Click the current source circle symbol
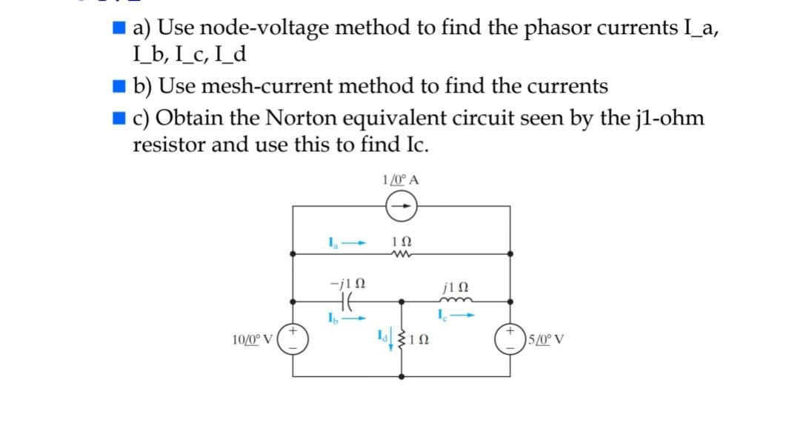(401, 207)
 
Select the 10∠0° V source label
(253, 341)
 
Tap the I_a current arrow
(357, 242)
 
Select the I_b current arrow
(357, 319)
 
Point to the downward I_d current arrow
(392, 342)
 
